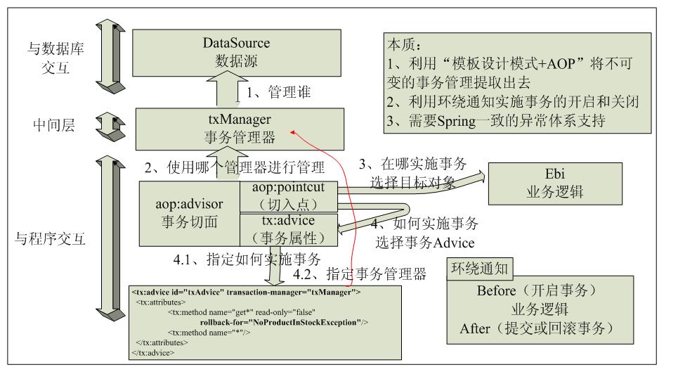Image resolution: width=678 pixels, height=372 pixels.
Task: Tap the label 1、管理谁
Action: tap(278, 91)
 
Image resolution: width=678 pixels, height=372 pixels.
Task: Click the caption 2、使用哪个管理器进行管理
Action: tap(235, 167)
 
